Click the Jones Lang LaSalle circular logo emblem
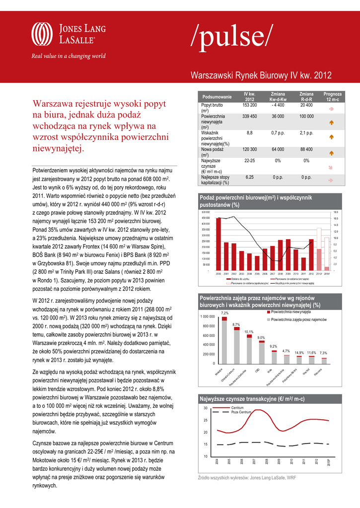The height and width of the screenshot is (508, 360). (42, 35)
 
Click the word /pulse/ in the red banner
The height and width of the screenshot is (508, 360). (231, 37)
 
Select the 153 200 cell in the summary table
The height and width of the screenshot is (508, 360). (249, 106)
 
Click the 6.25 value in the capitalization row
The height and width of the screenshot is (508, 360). (249, 177)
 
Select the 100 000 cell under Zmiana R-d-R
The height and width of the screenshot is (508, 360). (306, 117)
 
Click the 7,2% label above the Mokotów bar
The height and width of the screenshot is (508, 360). (224, 313)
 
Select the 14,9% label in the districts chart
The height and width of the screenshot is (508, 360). (299, 353)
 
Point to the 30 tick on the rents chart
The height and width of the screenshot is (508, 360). (206, 408)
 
